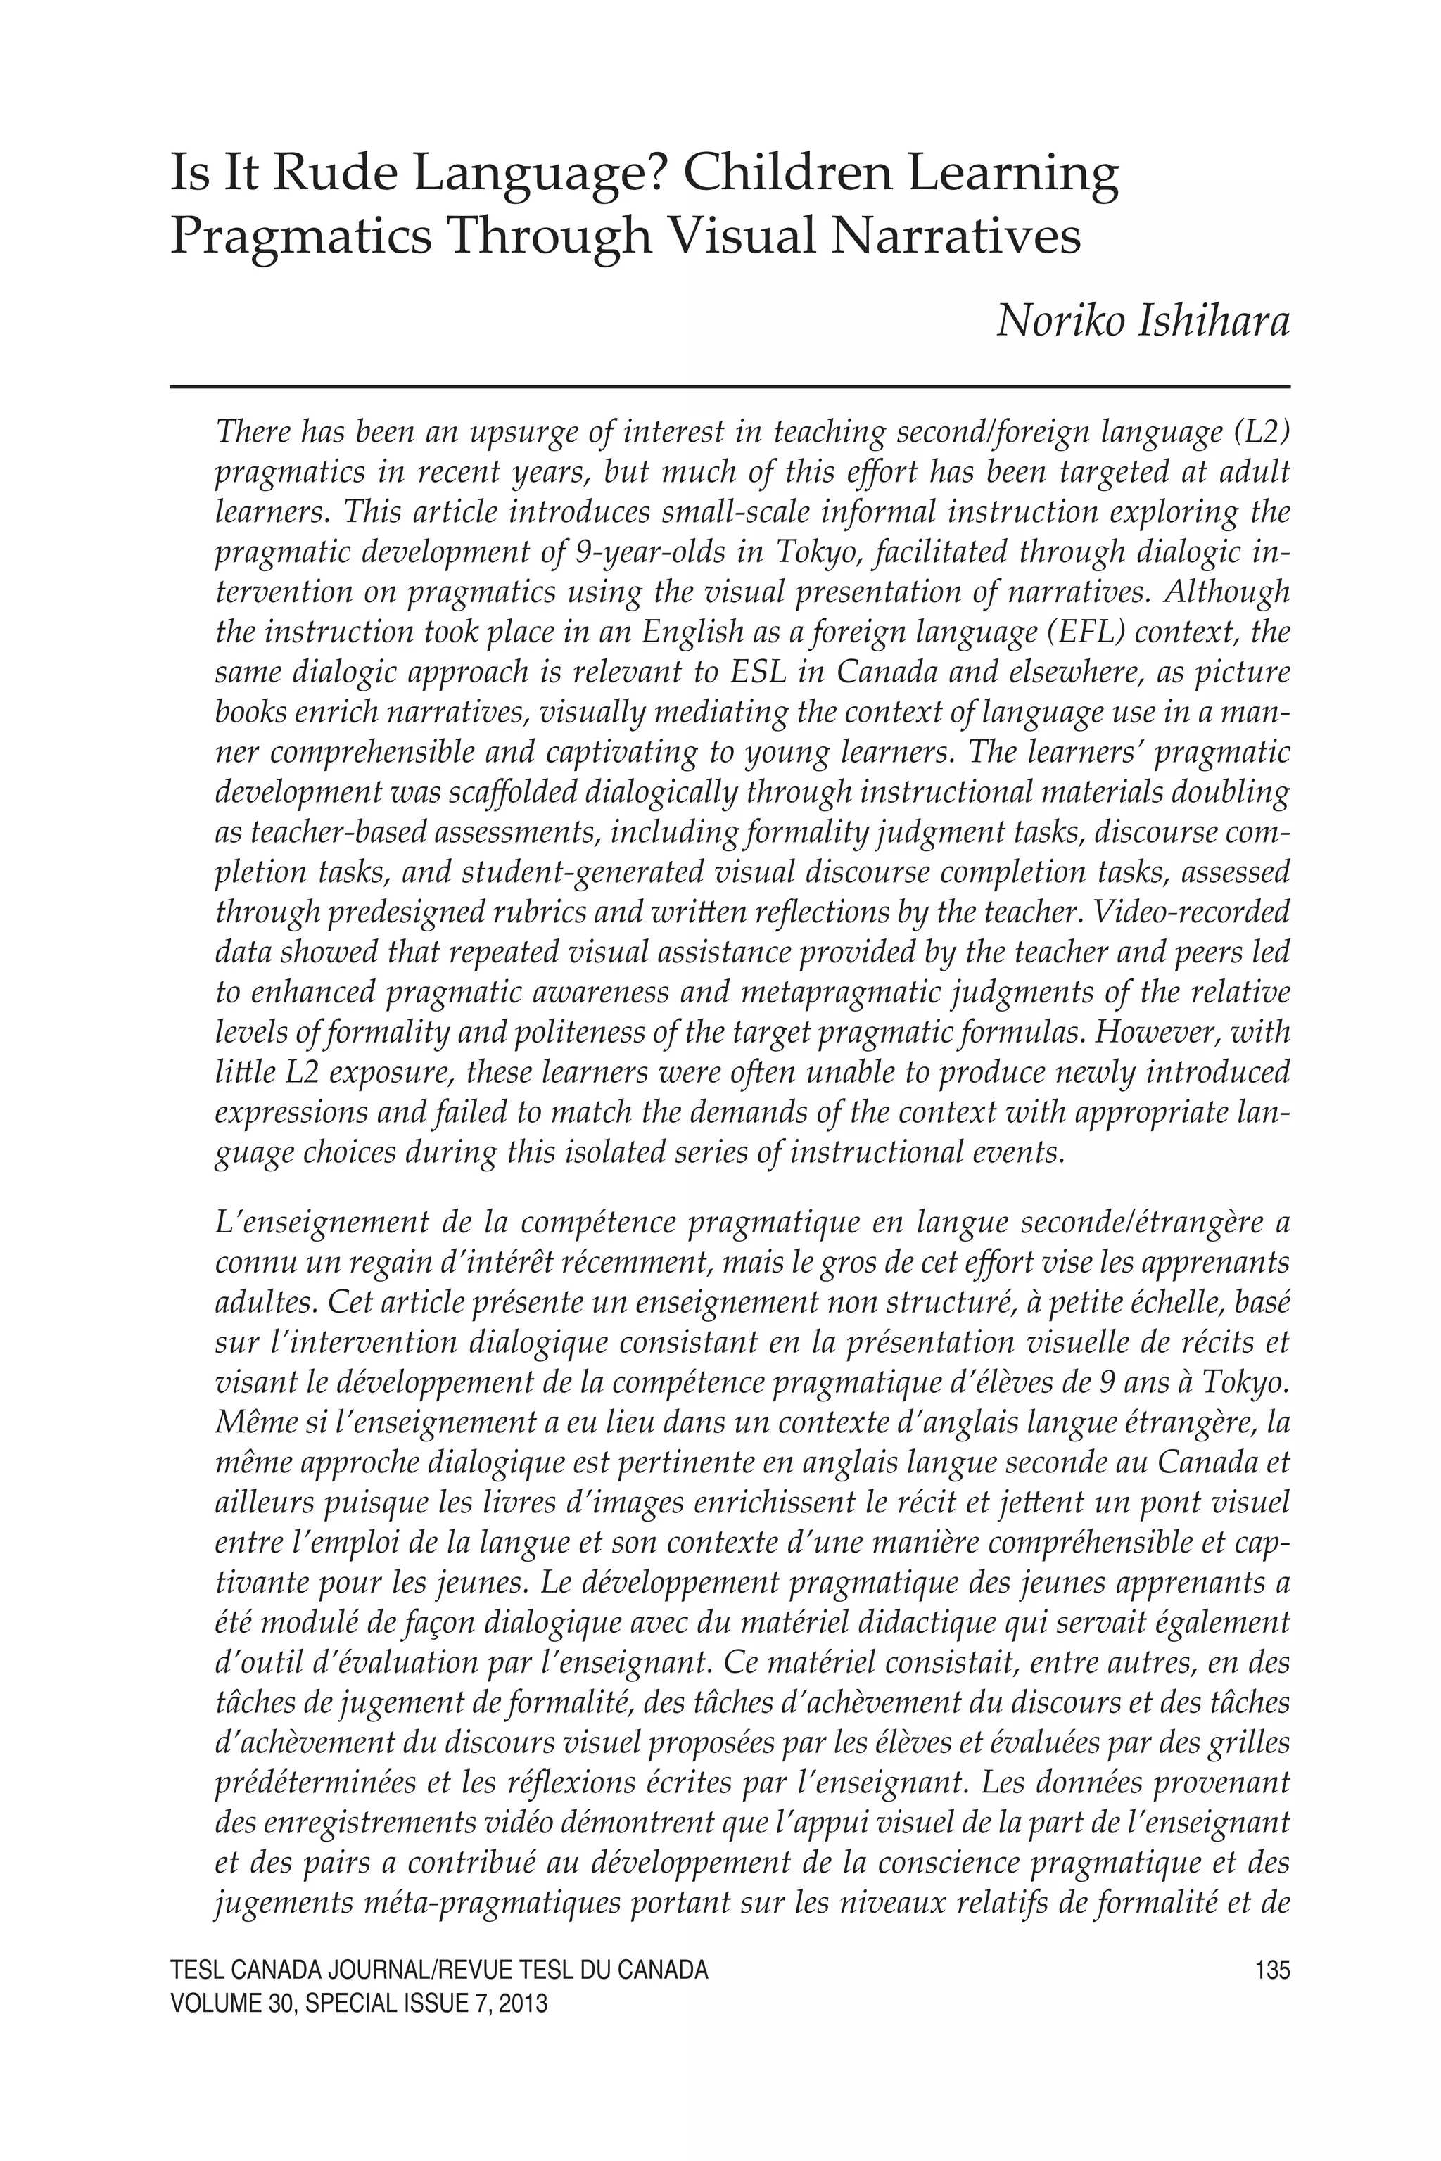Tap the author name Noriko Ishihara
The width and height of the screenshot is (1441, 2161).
click(x=1143, y=321)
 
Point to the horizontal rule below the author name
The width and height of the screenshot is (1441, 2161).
click(x=730, y=387)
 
